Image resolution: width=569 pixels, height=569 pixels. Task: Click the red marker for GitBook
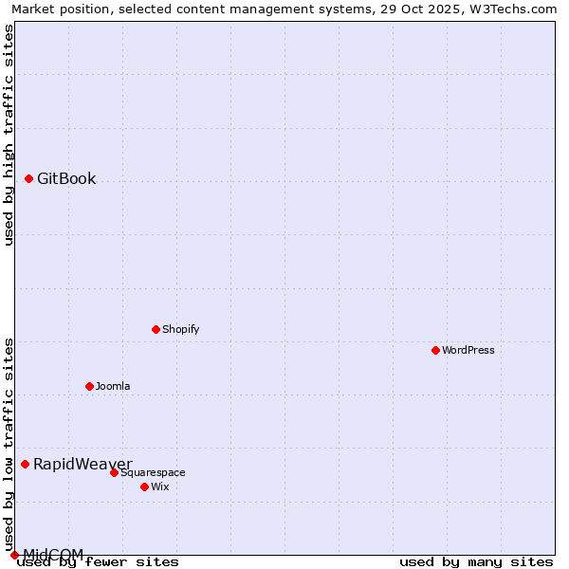(x=29, y=178)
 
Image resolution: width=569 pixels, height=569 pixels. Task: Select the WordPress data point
(x=435, y=350)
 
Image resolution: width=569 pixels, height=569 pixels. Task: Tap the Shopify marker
(x=156, y=329)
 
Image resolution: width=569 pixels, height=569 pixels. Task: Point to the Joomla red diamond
(x=90, y=386)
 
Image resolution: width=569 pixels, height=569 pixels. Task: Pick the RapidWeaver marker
(x=26, y=464)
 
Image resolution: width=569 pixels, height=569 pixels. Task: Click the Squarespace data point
(x=114, y=472)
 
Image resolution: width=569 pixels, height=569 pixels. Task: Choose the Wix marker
(x=144, y=486)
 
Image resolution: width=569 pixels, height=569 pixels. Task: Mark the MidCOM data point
(x=14, y=555)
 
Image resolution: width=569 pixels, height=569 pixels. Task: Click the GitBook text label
(x=66, y=178)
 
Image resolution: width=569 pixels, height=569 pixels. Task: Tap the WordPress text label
(x=468, y=350)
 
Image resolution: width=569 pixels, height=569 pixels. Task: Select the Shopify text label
(x=180, y=329)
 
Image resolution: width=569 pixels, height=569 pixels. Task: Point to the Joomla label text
(x=113, y=386)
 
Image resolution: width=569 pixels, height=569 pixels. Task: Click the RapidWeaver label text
(x=83, y=464)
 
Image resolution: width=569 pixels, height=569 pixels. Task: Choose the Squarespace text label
(x=153, y=472)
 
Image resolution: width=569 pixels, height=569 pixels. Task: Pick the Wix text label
(x=160, y=486)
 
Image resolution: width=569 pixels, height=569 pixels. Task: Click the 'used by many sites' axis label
(x=476, y=561)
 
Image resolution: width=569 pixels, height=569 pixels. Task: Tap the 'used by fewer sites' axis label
(x=98, y=561)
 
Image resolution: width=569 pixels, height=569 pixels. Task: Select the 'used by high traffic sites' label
(x=9, y=135)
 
